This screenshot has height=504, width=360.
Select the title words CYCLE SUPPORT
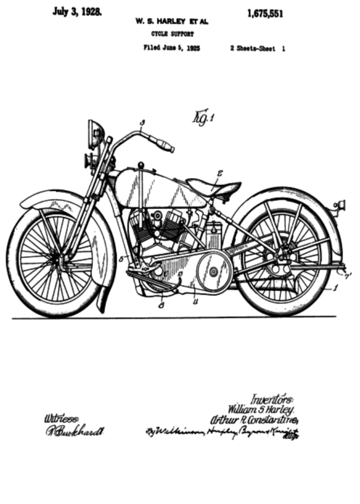pos(169,33)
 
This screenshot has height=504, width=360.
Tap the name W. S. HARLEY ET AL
pos(171,22)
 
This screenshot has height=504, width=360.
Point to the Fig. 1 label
pos(202,115)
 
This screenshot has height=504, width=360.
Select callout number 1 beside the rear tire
pos(335,287)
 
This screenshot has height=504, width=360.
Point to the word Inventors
pos(272,399)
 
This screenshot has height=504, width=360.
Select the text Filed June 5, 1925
pos(171,48)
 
